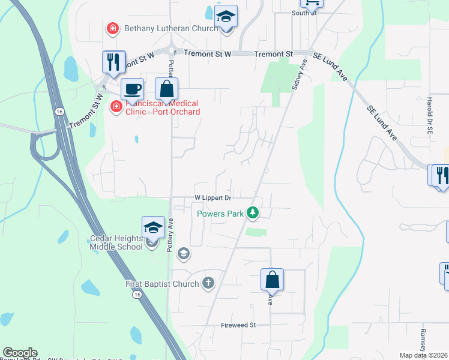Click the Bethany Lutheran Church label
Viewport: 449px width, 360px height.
pyautogui.click(x=162, y=28)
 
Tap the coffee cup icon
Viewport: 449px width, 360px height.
pyautogui.click(x=132, y=89)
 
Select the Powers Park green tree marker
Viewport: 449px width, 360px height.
pyautogui.click(x=253, y=212)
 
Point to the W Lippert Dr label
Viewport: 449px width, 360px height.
pyautogui.click(x=212, y=198)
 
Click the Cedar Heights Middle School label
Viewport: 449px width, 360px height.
pyautogui.click(x=116, y=242)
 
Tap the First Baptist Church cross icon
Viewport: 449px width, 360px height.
pyautogui.click(x=208, y=283)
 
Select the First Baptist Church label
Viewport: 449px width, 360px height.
pyautogui.click(x=162, y=284)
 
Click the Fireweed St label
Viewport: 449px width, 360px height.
pyautogui.click(x=238, y=325)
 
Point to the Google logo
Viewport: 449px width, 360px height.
pyautogui.click(x=20, y=353)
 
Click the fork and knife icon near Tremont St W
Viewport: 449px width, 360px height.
pyautogui.click(x=113, y=61)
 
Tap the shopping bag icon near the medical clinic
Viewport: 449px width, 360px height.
pyautogui.click(x=166, y=89)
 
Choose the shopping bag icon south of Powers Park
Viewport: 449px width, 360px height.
pyautogui.click(x=272, y=280)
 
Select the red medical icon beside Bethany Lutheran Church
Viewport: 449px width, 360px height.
pyautogui.click(x=112, y=28)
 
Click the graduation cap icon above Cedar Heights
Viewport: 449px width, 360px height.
pyautogui.click(x=153, y=228)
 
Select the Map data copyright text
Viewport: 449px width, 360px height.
pyautogui.click(x=424, y=355)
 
